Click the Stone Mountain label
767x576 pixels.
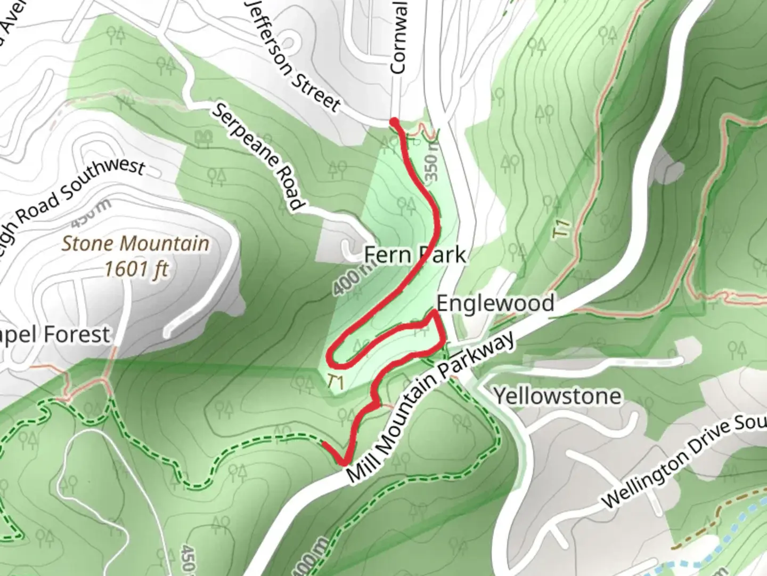coord(135,244)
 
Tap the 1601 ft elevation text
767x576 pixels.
coord(136,268)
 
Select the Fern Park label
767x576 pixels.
coord(414,255)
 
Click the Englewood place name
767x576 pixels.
coord(495,303)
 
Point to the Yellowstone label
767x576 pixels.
coord(557,396)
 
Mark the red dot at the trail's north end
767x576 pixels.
coord(394,122)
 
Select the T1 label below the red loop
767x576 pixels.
coord(334,382)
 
